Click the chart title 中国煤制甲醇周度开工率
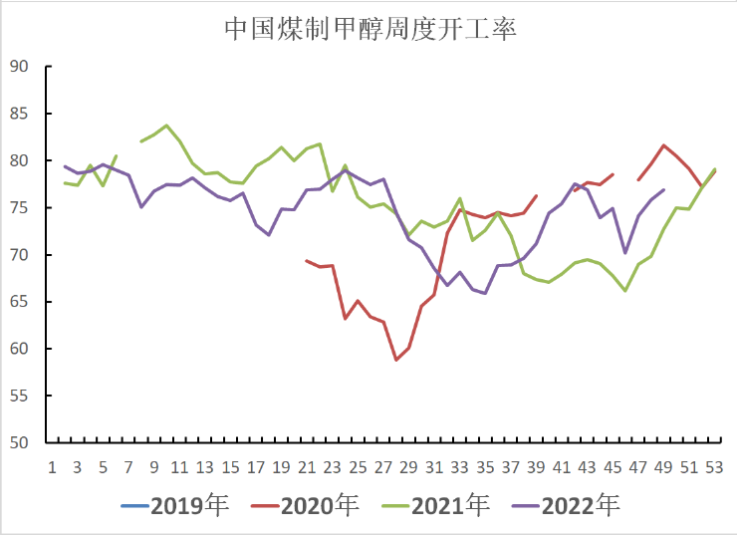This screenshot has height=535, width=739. coord(369,29)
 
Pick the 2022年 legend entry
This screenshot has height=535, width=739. coord(581,506)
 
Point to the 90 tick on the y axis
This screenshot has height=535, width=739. coord(18,67)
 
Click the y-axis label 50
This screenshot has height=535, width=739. coord(18,443)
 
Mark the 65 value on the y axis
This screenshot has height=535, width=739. coord(18,302)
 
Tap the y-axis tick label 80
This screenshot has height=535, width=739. coord(18,160)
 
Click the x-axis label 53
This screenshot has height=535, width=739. coord(715,467)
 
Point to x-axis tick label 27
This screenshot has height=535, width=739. coord(383,467)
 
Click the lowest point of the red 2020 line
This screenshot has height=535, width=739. coord(396,360)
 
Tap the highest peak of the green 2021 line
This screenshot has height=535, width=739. coord(166,126)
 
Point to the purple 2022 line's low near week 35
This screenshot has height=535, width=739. coord(485,294)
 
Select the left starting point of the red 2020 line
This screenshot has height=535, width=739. coord(307,260)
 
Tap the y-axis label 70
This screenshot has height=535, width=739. coord(18,255)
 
